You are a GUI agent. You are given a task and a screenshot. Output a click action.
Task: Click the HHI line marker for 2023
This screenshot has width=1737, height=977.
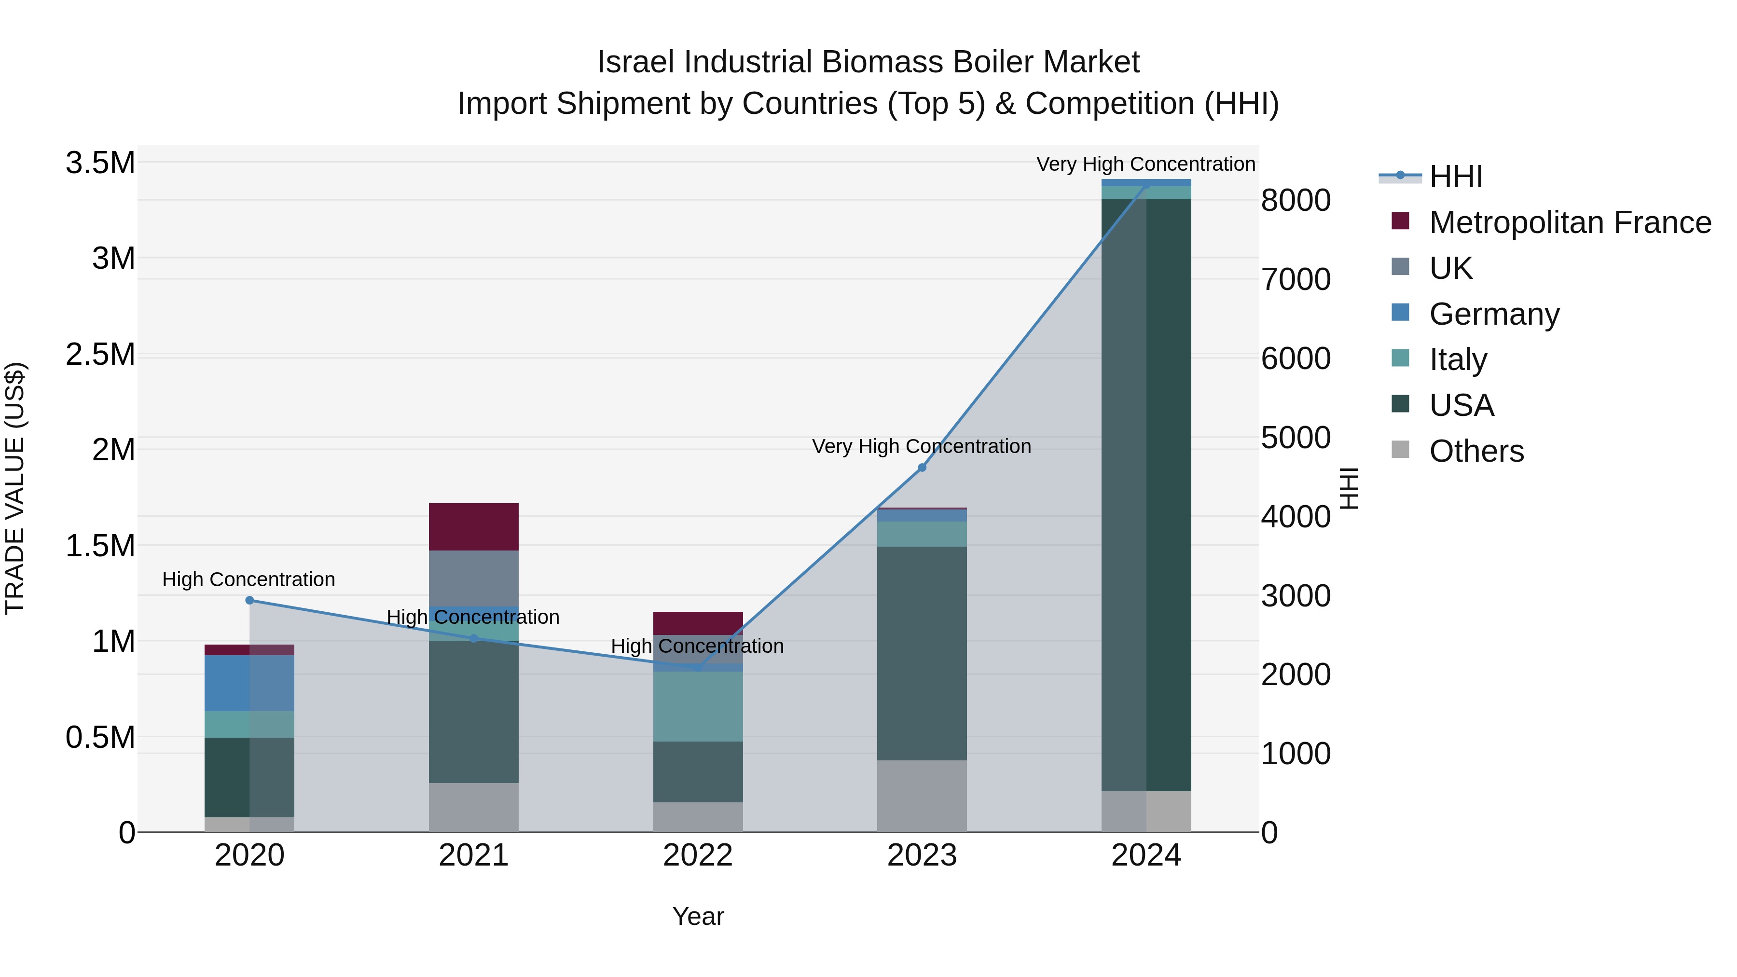[x=922, y=467]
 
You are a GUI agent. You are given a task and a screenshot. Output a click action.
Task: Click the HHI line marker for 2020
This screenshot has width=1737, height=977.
[x=249, y=600]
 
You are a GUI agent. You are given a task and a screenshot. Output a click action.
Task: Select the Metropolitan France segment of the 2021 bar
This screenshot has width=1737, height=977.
[x=473, y=526]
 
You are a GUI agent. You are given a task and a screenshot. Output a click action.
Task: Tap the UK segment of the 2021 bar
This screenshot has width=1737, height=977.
[x=473, y=578]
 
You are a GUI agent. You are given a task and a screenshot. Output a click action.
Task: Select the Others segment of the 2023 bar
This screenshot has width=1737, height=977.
[x=922, y=796]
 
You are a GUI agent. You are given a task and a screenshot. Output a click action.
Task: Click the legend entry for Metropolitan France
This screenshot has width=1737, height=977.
[x=1569, y=222]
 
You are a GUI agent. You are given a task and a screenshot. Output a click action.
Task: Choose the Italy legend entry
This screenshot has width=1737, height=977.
[x=1457, y=359]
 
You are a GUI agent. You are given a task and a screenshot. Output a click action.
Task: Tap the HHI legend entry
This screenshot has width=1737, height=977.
[x=1455, y=177]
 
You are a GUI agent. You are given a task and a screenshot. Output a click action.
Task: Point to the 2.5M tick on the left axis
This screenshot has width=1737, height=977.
[x=100, y=355]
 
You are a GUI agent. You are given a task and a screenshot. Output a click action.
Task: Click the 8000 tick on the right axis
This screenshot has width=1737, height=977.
[x=1296, y=200]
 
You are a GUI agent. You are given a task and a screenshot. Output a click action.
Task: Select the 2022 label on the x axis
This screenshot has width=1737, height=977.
[x=698, y=855]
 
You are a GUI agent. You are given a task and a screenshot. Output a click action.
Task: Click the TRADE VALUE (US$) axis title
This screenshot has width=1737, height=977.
[x=15, y=488]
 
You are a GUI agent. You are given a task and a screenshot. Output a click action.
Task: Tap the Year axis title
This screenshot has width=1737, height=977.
[x=698, y=916]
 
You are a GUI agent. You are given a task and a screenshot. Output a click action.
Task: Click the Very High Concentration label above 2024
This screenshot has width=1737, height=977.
[x=1145, y=164]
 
